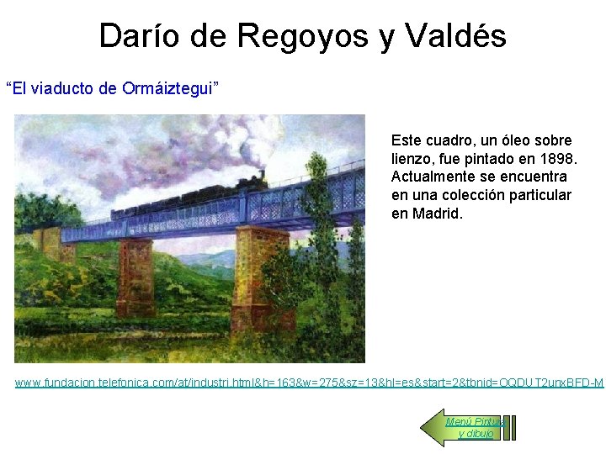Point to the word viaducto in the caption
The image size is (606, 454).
[x=68, y=88]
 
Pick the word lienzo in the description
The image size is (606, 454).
[x=412, y=159]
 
